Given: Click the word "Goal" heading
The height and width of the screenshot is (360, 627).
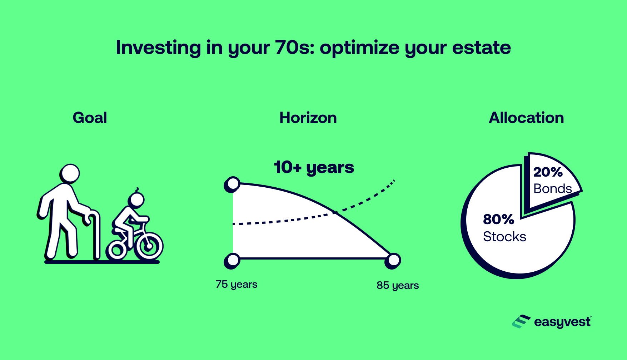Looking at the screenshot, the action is tap(90, 118).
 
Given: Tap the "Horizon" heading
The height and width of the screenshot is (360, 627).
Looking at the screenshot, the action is tap(308, 118).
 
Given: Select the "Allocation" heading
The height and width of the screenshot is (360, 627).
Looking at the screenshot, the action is tap(526, 118).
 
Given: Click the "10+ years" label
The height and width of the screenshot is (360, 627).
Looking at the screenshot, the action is tap(314, 167).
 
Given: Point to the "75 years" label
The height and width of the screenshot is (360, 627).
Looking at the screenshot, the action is tap(237, 285).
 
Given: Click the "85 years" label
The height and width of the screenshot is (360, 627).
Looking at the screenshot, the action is tap(398, 286).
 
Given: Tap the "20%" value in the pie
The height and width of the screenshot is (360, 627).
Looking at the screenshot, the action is tap(548, 172).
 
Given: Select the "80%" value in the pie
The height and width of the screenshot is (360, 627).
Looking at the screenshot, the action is tap(498, 219).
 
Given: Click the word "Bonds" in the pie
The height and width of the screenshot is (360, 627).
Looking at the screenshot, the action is tap(552, 189).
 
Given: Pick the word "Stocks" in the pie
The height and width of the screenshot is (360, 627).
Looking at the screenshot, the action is tap(504, 237).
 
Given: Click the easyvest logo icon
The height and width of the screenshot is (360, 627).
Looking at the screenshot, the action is tap(521, 321).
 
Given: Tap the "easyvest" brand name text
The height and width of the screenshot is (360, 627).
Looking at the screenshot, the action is tap(563, 322).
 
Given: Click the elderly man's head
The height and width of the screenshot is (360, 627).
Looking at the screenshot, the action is tap(70, 174).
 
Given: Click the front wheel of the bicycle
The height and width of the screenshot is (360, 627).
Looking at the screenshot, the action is tap(149, 246).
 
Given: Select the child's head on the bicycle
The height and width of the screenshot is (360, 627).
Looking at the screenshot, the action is tap(136, 199).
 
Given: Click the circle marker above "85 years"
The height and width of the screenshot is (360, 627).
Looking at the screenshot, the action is tap(393, 261).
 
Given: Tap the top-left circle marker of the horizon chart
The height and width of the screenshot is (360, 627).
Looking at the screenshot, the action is tap(232, 184).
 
